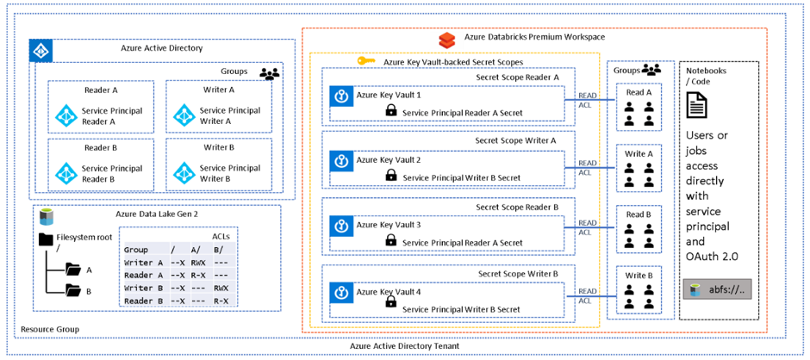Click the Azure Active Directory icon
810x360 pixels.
[40, 51]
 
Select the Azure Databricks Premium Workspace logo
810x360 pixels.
[446, 40]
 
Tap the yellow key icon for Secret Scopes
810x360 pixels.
[365, 62]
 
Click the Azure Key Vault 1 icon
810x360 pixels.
[340, 96]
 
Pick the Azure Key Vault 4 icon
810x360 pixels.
[340, 293]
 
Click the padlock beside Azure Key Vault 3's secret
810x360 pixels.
[390, 244]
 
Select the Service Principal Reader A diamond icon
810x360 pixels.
[66, 115]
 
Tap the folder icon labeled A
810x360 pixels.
[73, 270]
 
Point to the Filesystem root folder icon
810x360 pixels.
[46, 239]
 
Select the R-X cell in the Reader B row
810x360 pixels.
[221, 301]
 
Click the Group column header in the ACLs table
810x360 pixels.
[136, 250]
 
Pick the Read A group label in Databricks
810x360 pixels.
[639, 92]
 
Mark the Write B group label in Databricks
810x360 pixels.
[639, 276]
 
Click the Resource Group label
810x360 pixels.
[49, 329]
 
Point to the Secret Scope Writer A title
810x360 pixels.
[516, 140]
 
